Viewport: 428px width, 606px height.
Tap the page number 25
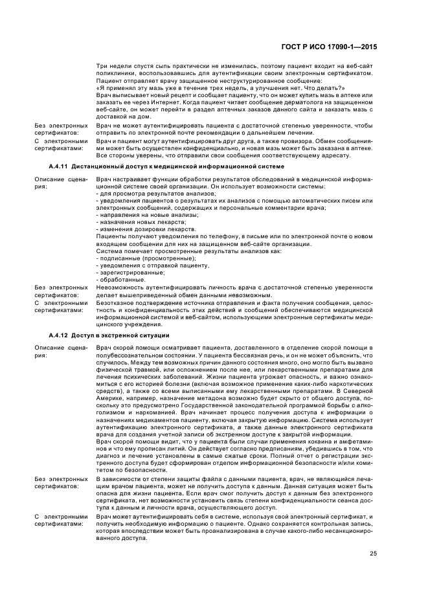(374, 552)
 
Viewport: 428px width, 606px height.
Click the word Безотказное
(113, 301)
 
